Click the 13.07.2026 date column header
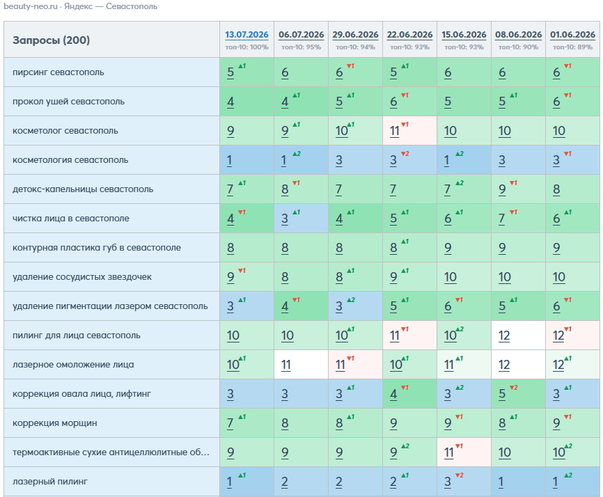click(x=246, y=35)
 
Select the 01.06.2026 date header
click(x=572, y=35)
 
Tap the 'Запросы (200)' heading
click(x=51, y=40)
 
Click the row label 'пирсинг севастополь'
click(x=58, y=72)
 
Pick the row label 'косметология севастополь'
click(x=70, y=160)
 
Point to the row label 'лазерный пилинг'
click(x=50, y=481)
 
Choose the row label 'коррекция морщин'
click(x=54, y=423)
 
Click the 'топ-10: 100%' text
click(x=247, y=47)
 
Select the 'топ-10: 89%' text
click(x=572, y=47)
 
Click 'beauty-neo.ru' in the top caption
click(x=31, y=6)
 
